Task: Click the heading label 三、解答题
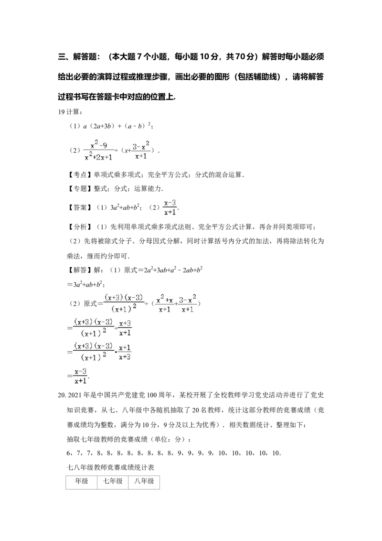(x=77, y=56)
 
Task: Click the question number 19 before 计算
(x=62, y=112)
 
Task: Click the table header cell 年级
(x=82, y=481)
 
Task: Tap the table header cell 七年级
(x=113, y=481)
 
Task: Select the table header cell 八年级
(x=144, y=481)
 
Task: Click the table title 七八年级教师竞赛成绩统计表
(x=110, y=468)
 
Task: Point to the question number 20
(x=62, y=395)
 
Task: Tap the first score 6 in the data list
(x=68, y=454)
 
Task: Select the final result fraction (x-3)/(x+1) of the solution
(x=80, y=376)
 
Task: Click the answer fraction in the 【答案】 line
(x=170, y=207)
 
